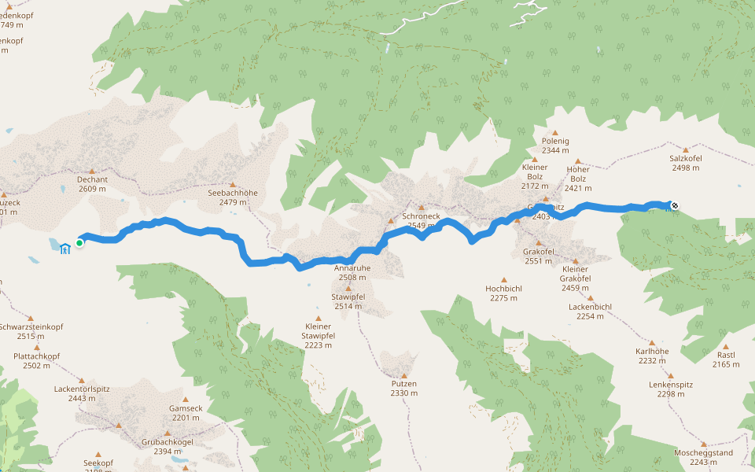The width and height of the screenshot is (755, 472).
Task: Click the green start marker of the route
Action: (79, 243)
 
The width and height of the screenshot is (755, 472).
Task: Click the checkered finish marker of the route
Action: (674, 206)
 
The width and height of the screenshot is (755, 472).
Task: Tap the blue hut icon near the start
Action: (64, 249)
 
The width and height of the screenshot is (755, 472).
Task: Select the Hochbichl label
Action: (503, 289)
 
